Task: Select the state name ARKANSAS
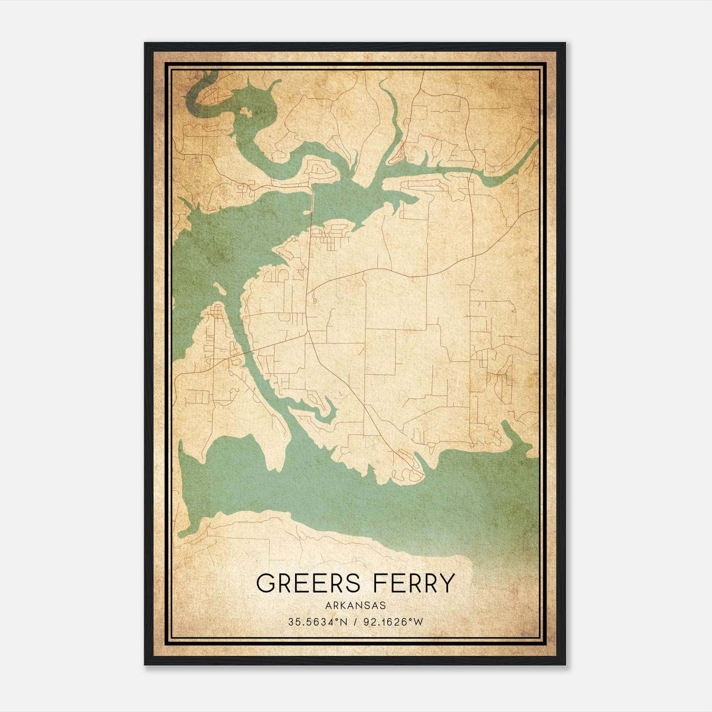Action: coord(356,606)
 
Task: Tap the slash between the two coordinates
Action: coord(356,622)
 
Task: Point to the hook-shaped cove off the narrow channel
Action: coord(327,412)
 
